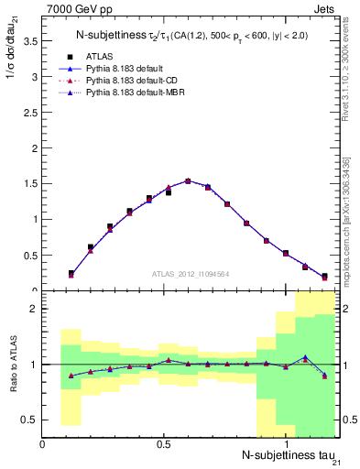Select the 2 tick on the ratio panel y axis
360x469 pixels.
pos(33,309)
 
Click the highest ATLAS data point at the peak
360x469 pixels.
pos(188,181)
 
